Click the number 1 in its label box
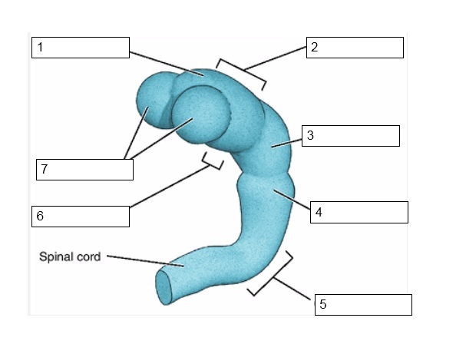pos(40,47)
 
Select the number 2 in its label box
pos(315,47)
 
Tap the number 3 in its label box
pos(310,135)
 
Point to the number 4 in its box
pos(319,213)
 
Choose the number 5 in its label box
pos(323,304)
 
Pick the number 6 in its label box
pos(40,217)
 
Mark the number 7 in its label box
pos(45,169)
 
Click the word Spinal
pos(56,257)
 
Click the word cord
pos(88,257)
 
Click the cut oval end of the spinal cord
pos(163,287)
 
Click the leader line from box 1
pos(167,64)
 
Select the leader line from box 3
pos(286,144)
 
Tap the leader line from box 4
pos(292,200)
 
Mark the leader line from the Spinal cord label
pos(145,261)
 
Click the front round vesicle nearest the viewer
pos(200,114)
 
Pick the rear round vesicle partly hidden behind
pos(154,99)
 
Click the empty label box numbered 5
pos(363,305)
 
